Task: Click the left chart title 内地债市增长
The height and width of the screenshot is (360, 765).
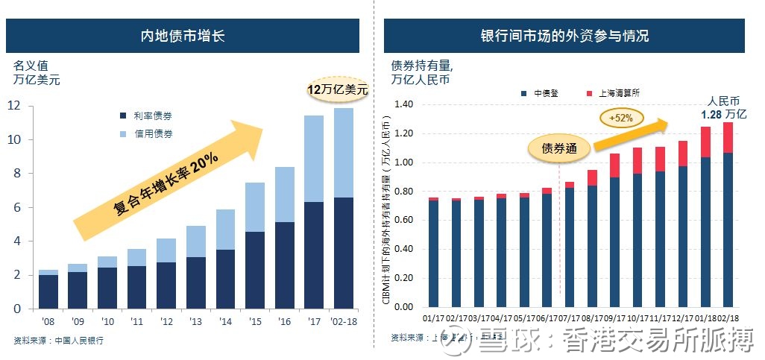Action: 183,36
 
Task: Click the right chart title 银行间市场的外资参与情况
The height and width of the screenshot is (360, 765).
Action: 564,36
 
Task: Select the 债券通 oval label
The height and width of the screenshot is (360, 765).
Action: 559,148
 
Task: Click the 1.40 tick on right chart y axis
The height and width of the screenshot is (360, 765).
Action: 403,104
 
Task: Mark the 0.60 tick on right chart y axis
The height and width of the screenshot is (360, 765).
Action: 403,221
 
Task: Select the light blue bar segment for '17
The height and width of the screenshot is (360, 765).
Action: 313,159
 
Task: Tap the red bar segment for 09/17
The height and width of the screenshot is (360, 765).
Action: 615,165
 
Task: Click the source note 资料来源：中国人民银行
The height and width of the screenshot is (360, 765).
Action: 59,341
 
